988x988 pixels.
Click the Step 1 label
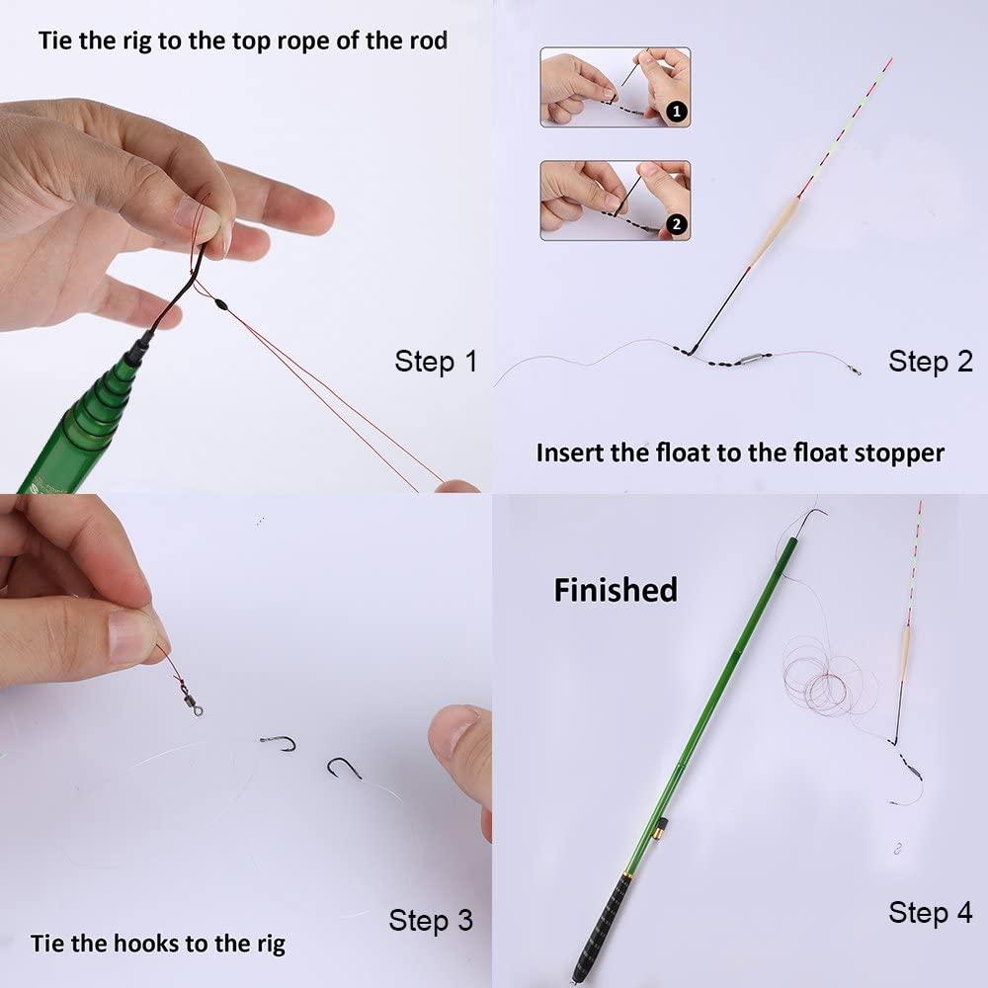point(436,361)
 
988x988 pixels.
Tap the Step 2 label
point(931,361)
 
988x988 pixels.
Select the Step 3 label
point(431,921)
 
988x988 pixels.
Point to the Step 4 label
point(930,912)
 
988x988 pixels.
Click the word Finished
point(616,590)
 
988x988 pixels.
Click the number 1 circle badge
point(677,112)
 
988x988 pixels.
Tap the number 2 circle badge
point(677,225)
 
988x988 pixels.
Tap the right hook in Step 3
point(344,768)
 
